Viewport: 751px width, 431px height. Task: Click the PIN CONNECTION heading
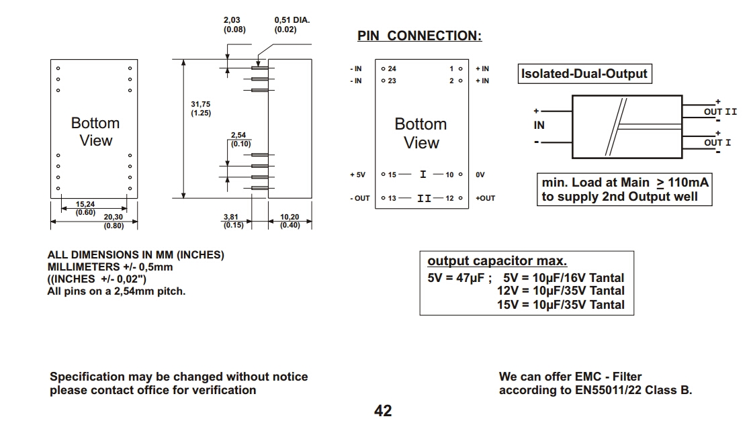click(419, 36)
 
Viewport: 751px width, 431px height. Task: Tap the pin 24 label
click(392, 68)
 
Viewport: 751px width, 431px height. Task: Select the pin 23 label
click(392, 81)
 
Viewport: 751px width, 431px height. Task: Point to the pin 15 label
click(392, 175)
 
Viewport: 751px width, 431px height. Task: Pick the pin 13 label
click(392, 198)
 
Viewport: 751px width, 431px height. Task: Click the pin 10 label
click(450, 175)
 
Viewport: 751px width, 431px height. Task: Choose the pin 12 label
click(450, 198)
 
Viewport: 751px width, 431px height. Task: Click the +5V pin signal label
click(357, 175)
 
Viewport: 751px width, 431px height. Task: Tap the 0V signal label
click(480, 175)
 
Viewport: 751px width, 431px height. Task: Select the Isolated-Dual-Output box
click(584, 74)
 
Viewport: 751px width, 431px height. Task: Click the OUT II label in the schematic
click(720, 112)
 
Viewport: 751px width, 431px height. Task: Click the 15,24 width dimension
click(85, 204)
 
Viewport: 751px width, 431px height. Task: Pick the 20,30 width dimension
click(113, 217)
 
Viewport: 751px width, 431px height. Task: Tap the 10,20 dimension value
click(290, 217)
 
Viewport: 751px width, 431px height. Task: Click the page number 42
click(383, 411)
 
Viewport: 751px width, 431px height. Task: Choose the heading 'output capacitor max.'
click(497, 261)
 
